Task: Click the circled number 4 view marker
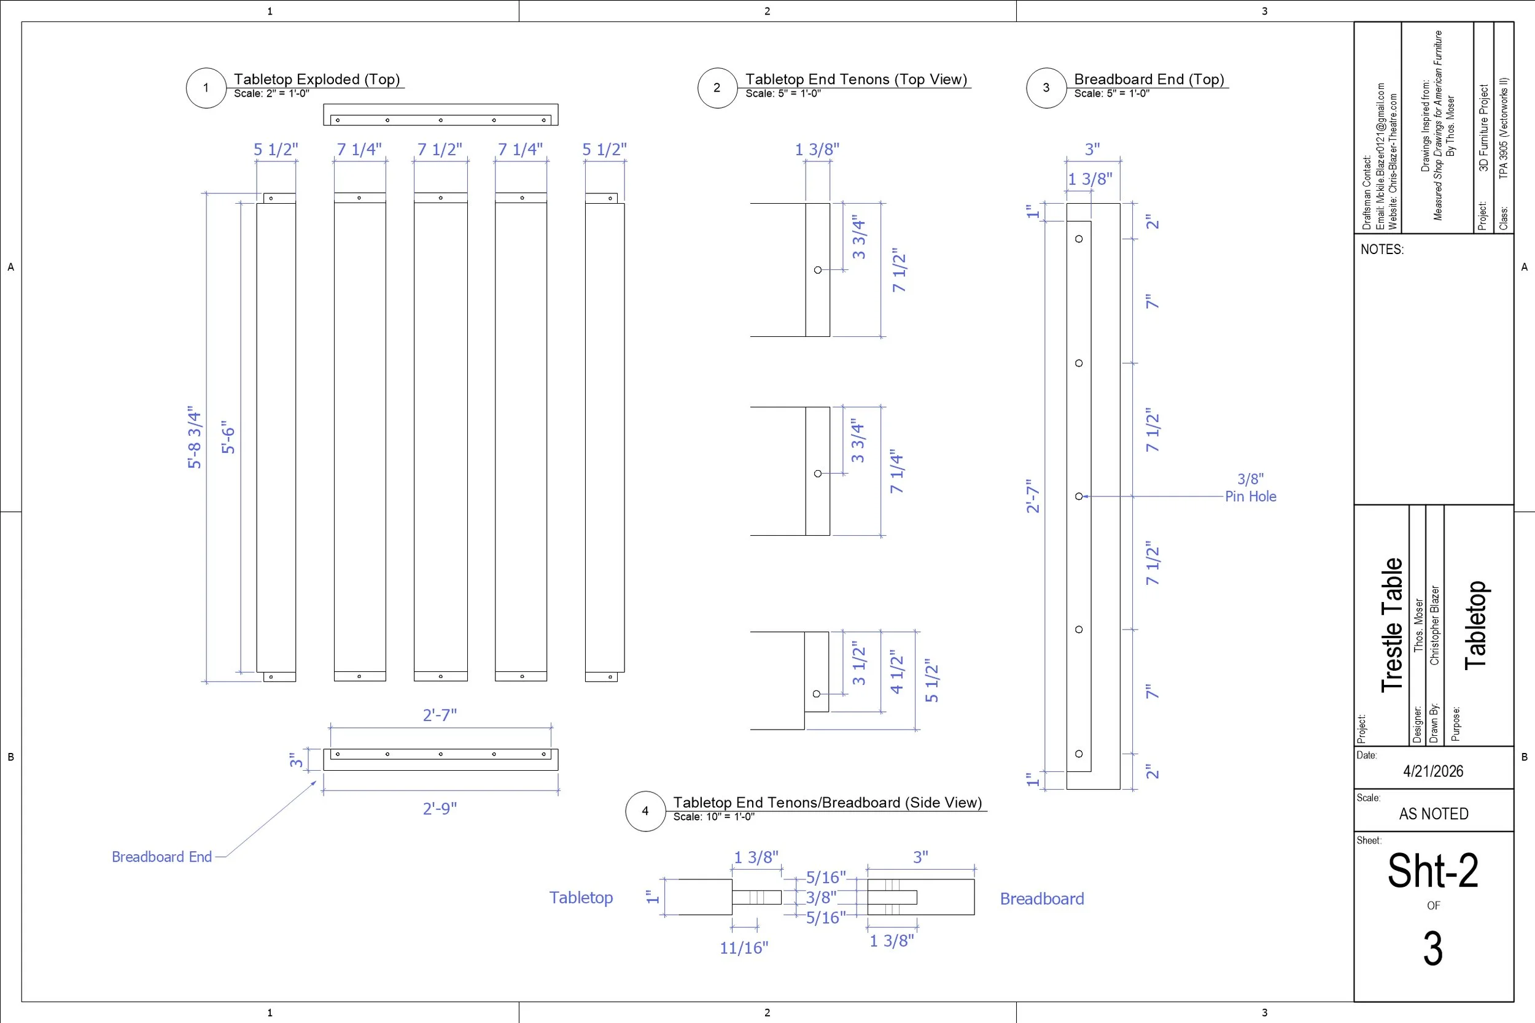645,811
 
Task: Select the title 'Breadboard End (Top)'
1149,80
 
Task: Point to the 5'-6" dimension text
228,437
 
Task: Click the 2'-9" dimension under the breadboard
440,809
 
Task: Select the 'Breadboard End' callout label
162,857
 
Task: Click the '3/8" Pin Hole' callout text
1251,488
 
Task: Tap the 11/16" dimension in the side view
744,948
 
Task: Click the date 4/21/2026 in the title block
1433,771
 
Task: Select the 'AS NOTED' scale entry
1433,814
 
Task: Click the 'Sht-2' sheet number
1432,871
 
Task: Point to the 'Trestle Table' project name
1392,625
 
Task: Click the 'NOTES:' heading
1381,249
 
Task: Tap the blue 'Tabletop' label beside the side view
581,898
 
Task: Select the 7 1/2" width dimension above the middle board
440,149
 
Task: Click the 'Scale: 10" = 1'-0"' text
713,817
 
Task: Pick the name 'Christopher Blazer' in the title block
1434,625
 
